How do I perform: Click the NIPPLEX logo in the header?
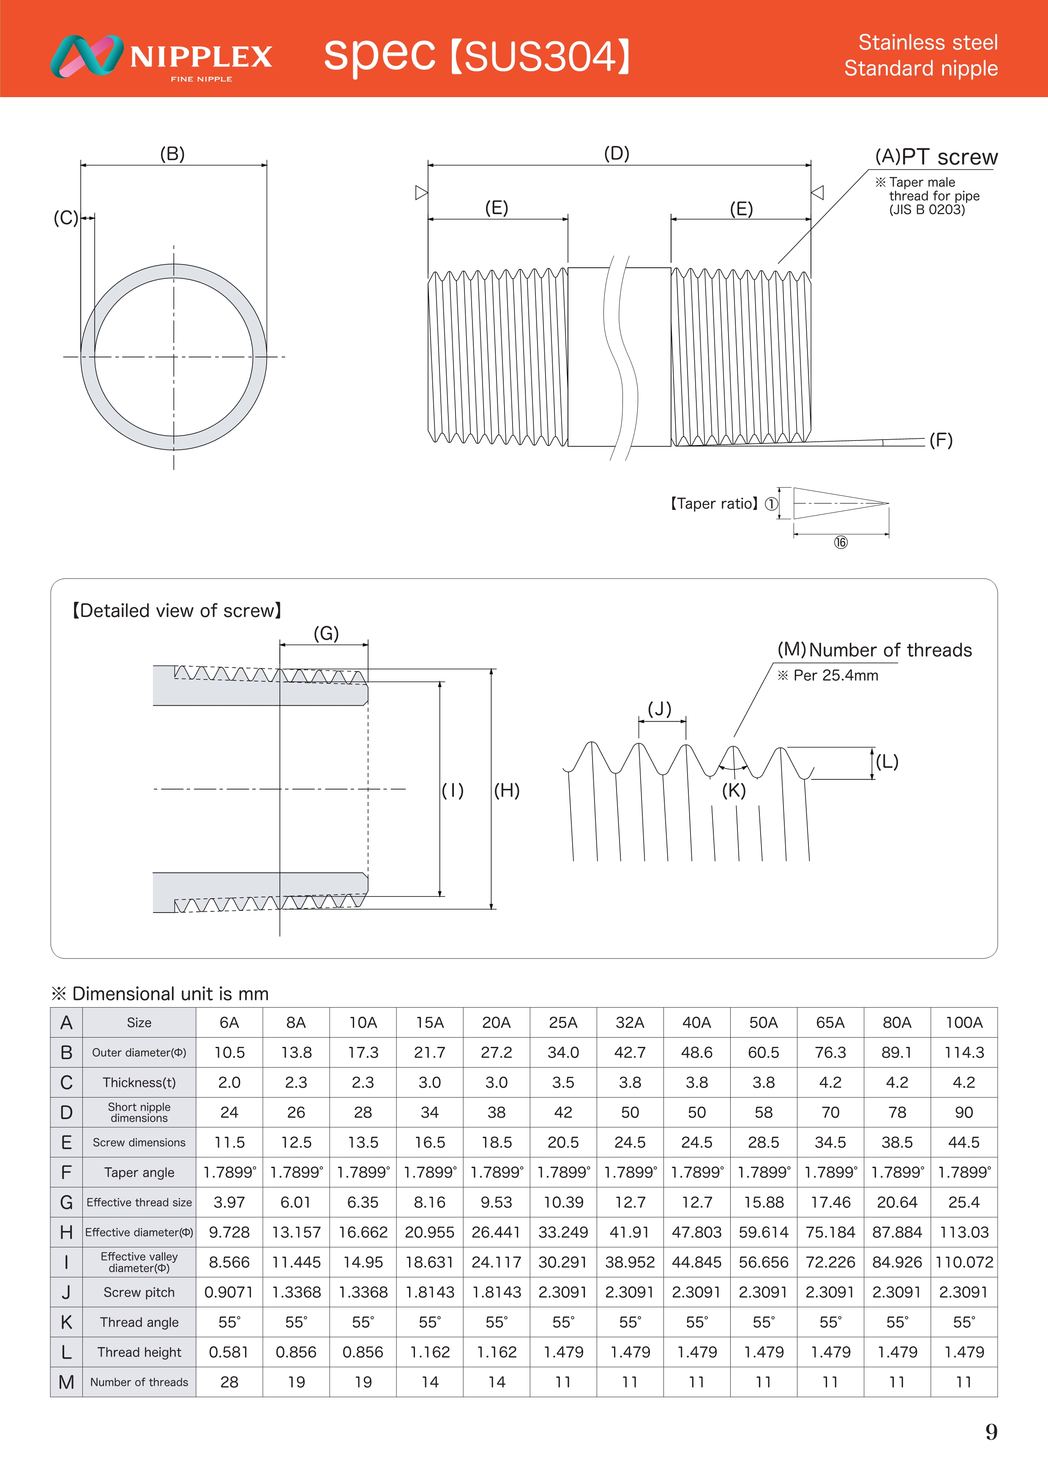point(161,57)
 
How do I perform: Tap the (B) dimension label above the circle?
point(172,154)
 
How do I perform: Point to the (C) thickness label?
point(65,218)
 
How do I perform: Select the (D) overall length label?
point(616,154)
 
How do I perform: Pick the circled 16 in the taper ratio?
point(840,543)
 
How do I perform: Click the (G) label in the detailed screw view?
point(326,633)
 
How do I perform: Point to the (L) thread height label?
point(887,762)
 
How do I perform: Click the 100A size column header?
point(963,1022)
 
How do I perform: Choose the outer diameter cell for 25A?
point(563,1053)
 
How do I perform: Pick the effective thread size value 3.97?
point(229,1202)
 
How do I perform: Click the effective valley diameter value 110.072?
point(963,1262)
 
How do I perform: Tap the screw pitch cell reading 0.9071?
point(229,1292)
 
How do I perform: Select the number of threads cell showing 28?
point(229,1382)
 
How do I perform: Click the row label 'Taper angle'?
point(139,1173)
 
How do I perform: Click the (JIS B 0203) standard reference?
point(927,209)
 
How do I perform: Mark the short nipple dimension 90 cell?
point(963,1113)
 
